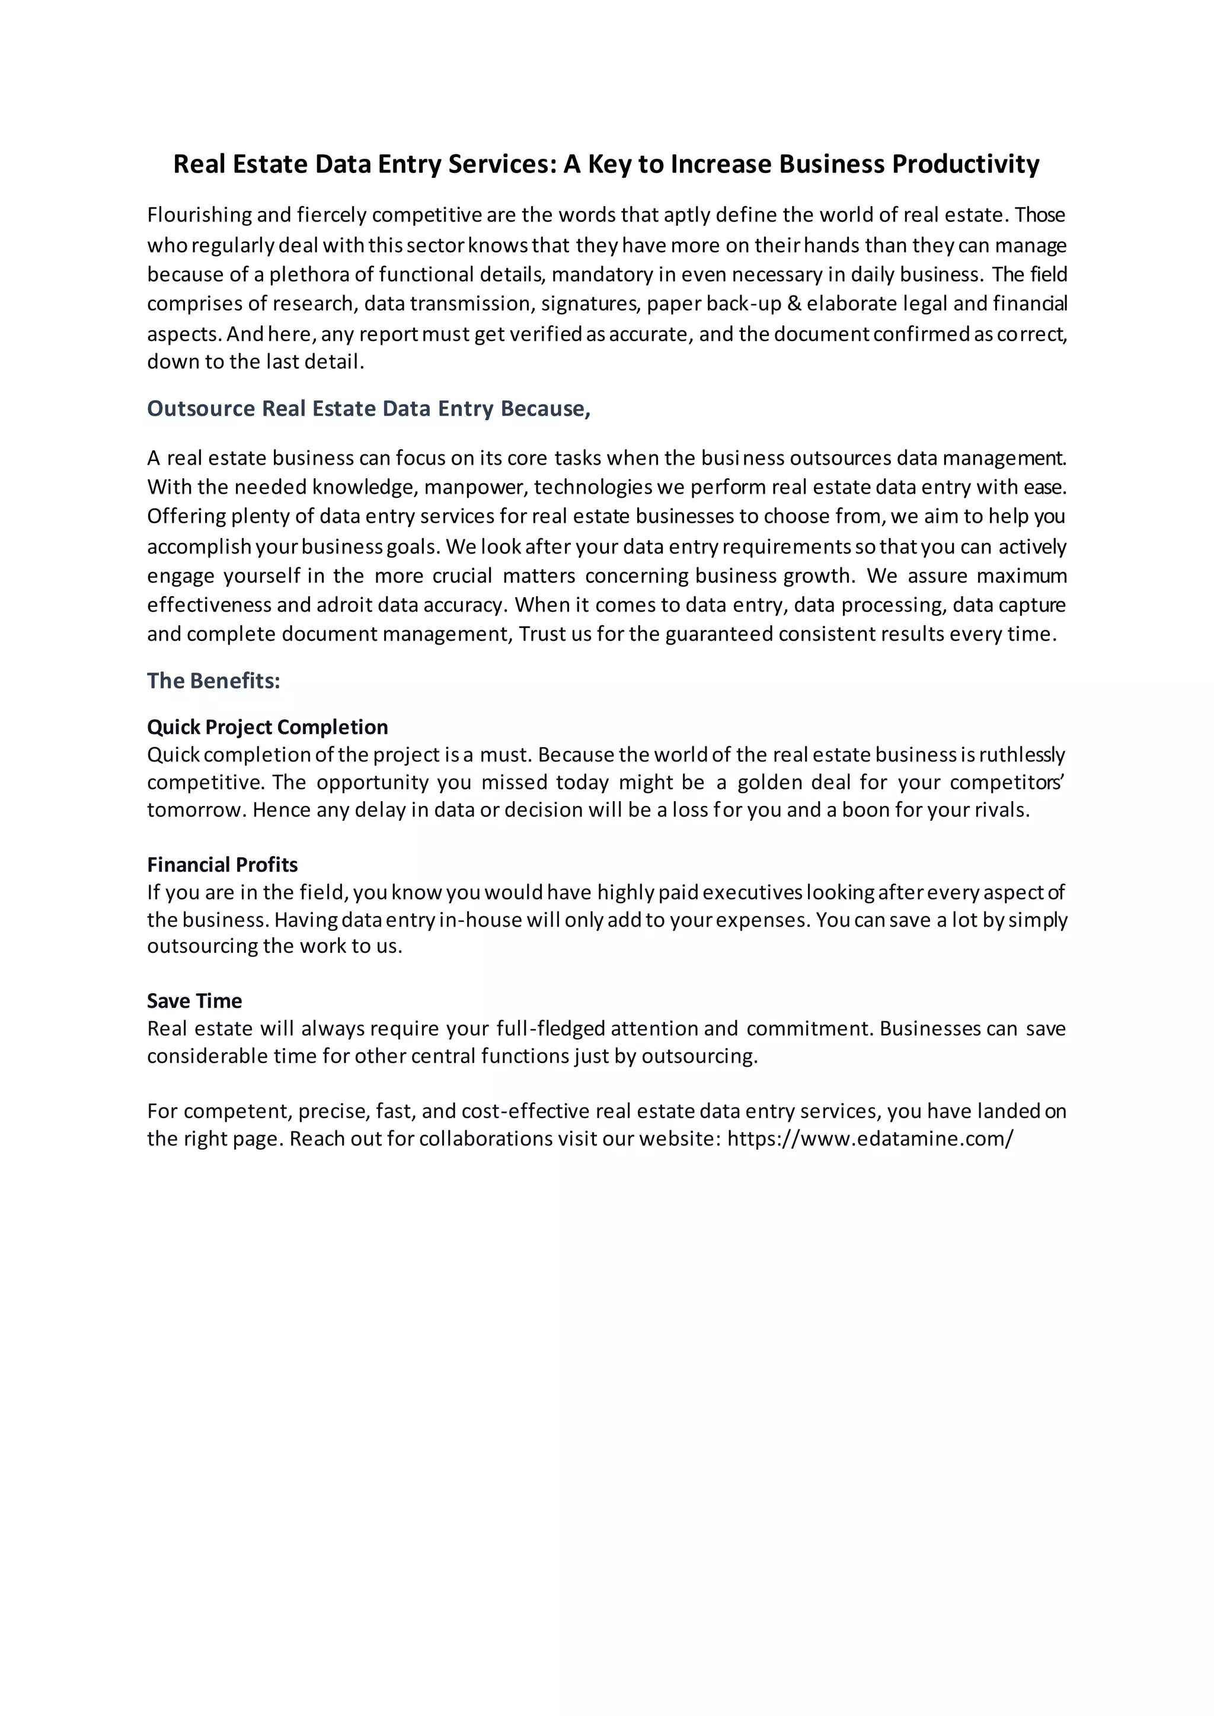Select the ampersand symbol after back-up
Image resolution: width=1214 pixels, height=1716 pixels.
[793, 303]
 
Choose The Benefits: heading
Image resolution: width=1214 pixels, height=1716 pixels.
[213, 681]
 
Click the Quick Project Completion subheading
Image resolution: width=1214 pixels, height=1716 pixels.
[267, 727]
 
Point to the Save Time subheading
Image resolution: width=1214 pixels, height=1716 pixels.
[194, 1001]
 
